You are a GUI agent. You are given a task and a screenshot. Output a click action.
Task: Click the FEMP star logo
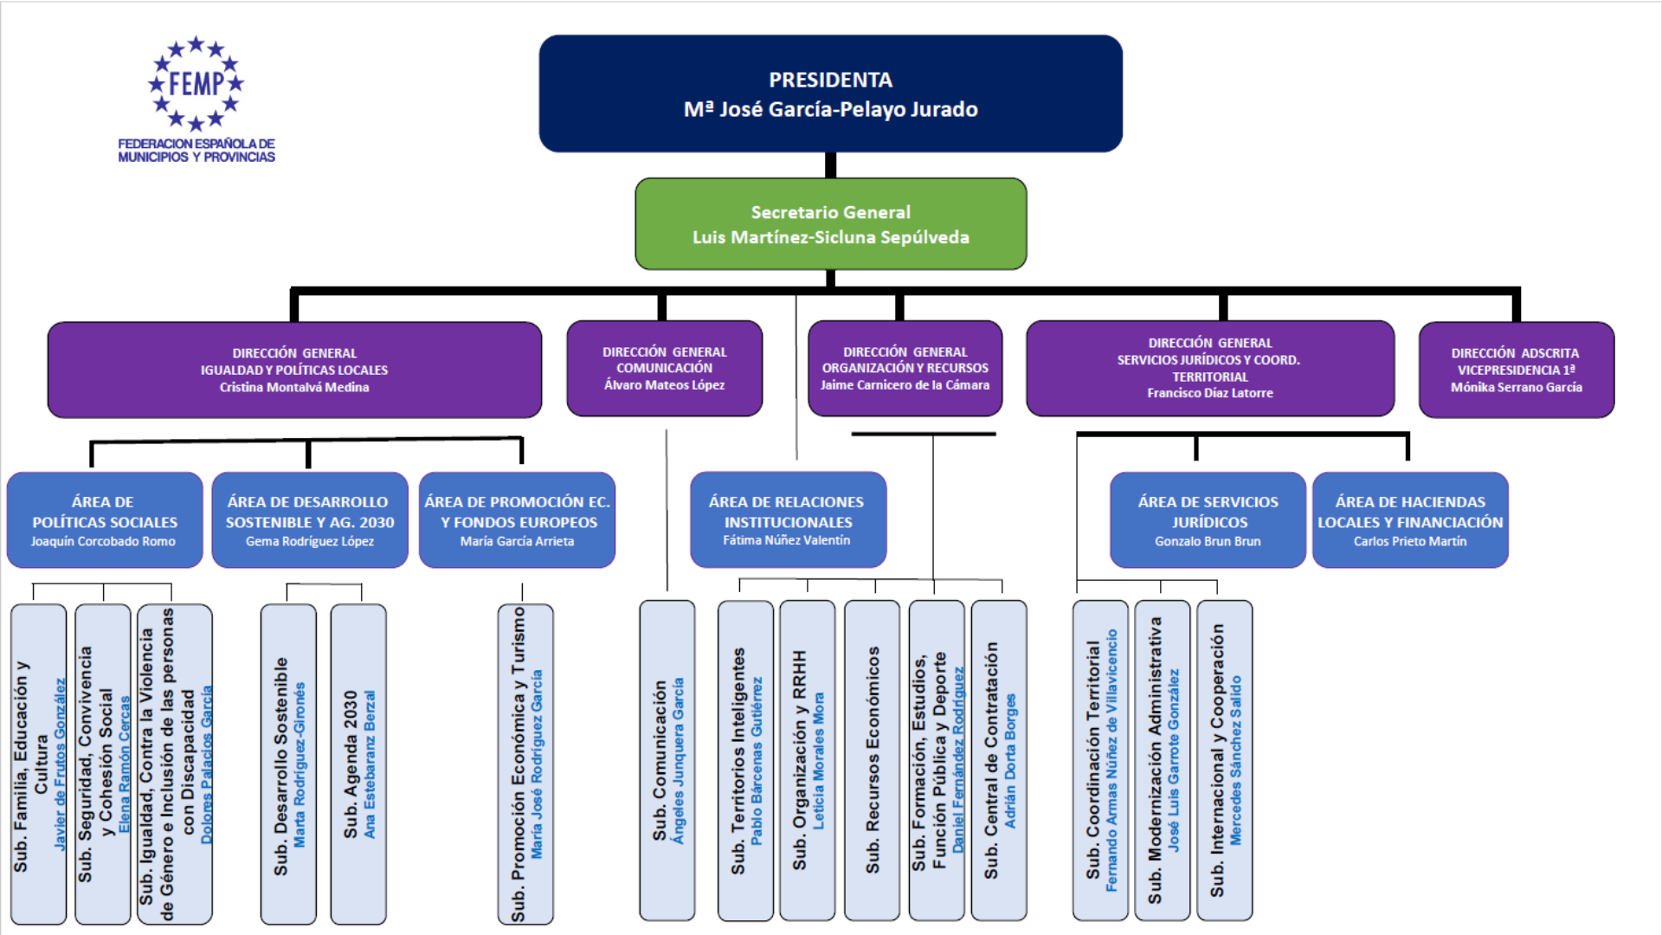(196, 84)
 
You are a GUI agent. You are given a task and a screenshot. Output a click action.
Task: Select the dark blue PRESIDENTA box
(830, 93)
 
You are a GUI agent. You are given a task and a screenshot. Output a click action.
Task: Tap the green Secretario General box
(830, 224)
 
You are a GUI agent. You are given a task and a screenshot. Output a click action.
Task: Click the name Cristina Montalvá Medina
(294, 387)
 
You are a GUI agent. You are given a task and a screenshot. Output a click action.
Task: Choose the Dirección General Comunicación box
(664, 369)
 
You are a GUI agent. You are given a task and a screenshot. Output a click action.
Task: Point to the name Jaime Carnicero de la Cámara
(905, 385)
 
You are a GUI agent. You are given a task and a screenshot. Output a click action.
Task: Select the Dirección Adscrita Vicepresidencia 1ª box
(1516, 370)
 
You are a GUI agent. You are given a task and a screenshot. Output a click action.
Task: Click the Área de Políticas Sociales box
(104, 520)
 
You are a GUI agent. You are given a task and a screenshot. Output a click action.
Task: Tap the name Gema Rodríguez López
(310, 541)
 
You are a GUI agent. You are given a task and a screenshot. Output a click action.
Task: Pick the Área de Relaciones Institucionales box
(788, 520)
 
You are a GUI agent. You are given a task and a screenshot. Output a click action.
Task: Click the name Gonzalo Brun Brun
(1208, 541)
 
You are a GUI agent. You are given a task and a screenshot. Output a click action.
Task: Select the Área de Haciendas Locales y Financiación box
(1410, 520)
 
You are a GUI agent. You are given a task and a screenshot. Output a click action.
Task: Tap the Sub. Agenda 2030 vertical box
(358, 764)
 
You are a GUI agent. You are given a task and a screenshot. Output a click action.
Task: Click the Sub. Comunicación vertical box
(667, 760)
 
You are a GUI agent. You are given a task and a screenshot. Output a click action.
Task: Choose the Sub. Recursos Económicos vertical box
(872, 760)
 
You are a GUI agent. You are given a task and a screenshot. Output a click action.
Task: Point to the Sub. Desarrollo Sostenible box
(288, 764)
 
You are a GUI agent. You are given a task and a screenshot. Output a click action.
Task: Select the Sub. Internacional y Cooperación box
(1224, 760)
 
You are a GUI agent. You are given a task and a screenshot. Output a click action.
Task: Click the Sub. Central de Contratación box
(999, 760)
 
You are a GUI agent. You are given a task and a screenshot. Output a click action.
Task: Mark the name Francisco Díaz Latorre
(1209, 393)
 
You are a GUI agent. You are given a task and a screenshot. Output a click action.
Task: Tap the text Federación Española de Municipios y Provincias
(196, 151)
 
